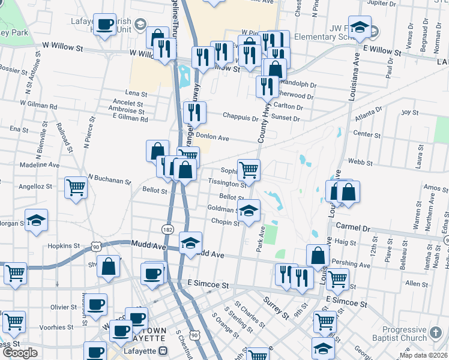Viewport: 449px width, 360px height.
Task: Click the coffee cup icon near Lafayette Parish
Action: click(x=106, y=25)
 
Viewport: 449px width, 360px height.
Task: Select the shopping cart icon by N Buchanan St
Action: click(x=76, y=187)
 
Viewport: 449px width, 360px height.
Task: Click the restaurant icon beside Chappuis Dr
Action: click(x=194, y=112)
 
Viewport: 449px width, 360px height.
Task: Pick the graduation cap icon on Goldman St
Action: click(x=249, y=210)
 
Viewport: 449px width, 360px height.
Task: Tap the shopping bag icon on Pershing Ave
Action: click(x=318, y=256)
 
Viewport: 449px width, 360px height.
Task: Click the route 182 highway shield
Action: click(x=167, y=229)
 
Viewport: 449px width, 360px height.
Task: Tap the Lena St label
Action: click(x=136, y=94)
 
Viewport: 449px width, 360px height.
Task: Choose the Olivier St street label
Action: click(x=63, y=307)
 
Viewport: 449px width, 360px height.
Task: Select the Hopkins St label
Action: click(x=64, y=246)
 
